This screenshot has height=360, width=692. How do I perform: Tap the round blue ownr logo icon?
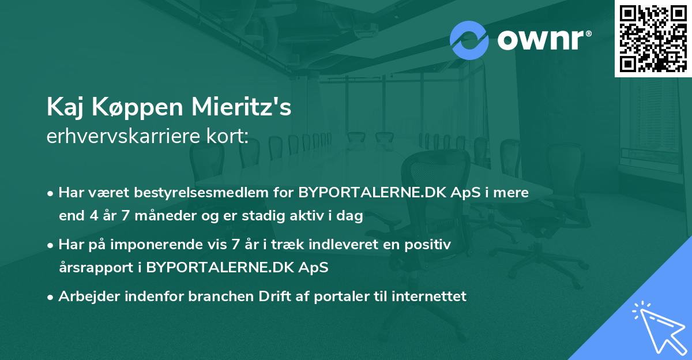[x=469, y=40]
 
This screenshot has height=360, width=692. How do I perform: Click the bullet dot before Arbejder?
[x=51, y=297]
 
